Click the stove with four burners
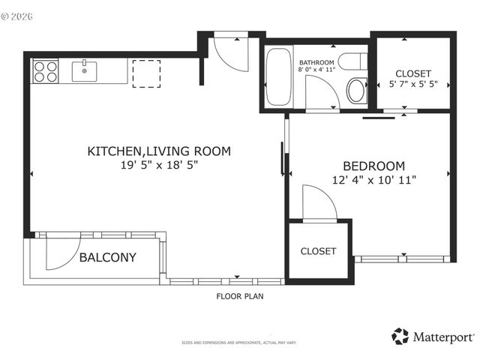(46, 71)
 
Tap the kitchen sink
(85, 72)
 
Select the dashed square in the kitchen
(144, 73)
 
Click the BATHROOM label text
(317, 62)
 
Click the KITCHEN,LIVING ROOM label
(159, 151)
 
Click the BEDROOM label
(373, 166)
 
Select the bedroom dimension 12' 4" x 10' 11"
(373, 180)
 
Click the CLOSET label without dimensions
(319, 251)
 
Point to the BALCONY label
(108, 257)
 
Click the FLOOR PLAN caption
(240, 296)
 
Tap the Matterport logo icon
(400, 337)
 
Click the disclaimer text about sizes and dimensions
(239, 343)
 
